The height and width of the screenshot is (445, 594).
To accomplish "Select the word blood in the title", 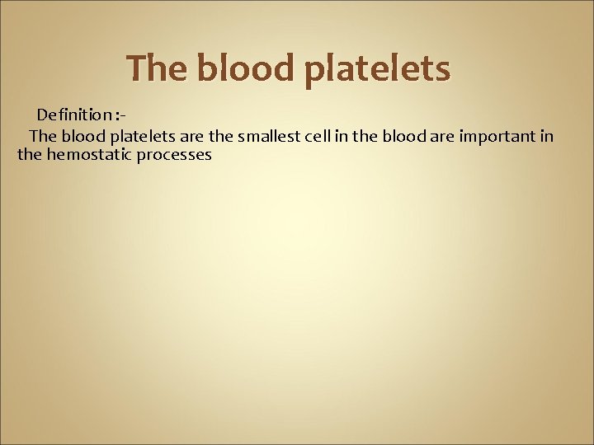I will [x=247, y=69].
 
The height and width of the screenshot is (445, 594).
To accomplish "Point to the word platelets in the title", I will [x=377, y=69].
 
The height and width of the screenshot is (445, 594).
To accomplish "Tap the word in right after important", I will [x=547, y=135].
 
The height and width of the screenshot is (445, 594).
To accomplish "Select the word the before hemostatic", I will [x=30, y=154].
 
